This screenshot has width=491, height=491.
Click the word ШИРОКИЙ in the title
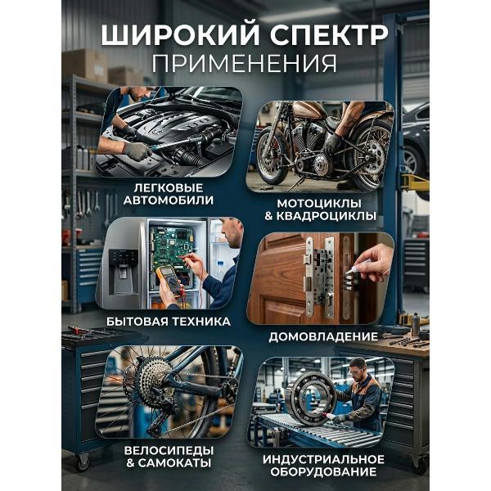pyautogui.click(x=171, y=37)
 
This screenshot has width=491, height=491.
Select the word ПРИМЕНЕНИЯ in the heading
pyautogui.click(x=245, y=65)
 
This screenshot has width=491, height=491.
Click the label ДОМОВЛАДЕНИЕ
pyautogui.click(x=322, y=336)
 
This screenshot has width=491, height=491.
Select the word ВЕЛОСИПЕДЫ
pyautogui.click(x=170, y=449)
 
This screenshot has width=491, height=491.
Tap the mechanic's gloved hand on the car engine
pyautogui.click(x=136, y=151)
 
